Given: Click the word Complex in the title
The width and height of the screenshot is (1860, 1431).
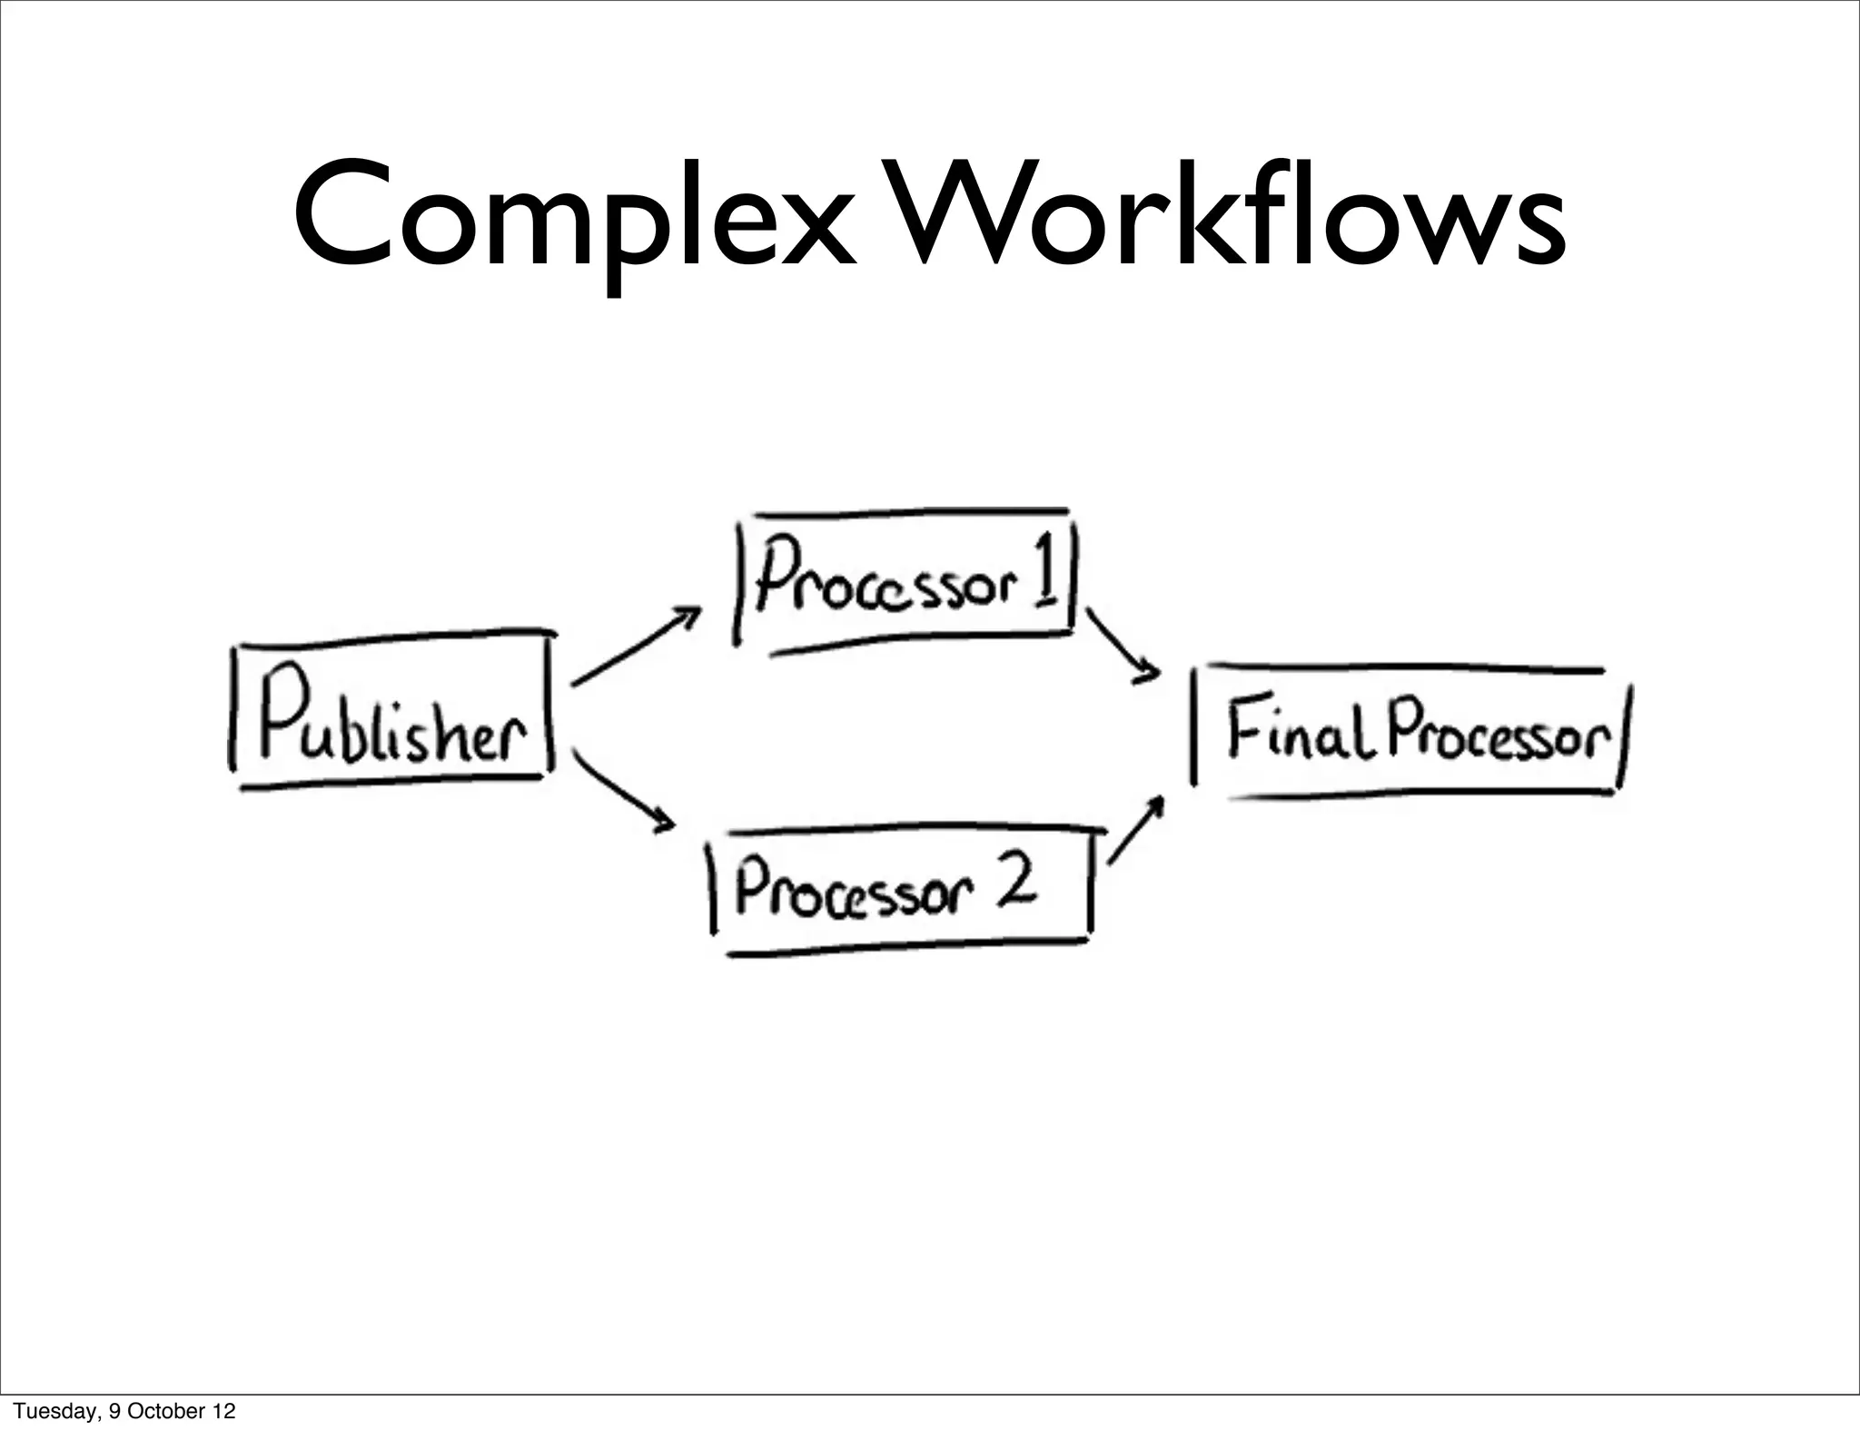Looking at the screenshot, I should (x=574, y=218).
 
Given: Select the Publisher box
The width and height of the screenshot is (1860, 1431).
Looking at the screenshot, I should (x=391, y=708).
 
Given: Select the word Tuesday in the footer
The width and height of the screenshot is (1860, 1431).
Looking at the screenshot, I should (x=53, y=1411).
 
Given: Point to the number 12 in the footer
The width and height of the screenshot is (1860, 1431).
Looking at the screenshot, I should (x=223, y=1411).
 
